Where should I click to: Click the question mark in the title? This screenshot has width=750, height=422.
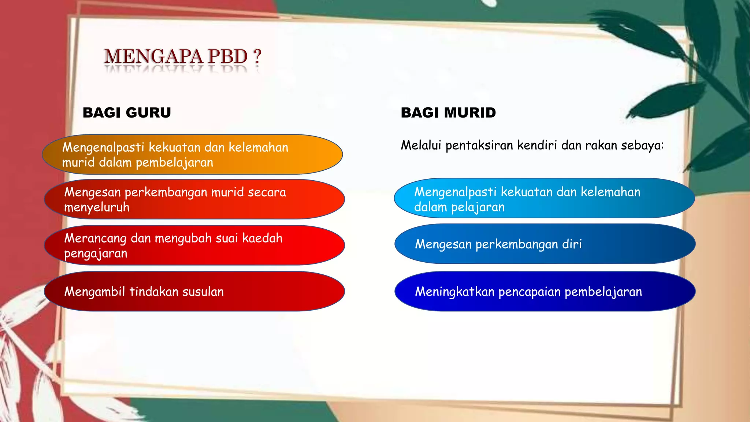(x=257, y=57)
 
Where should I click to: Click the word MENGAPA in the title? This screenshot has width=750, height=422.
(x=153, y=57)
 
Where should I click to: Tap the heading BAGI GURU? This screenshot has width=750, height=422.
(x=127, y=112)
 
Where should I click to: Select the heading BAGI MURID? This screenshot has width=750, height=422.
(x=448, y=112)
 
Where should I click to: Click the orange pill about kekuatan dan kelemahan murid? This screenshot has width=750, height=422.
(x=192, y=155)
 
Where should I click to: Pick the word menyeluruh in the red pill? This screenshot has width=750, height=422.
(x=97, y=208)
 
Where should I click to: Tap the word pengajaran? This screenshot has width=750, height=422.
(x=96, y=254)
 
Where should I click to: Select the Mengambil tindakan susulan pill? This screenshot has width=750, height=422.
(x=194, y=292)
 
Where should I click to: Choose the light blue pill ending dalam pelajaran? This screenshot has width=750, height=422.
(x=544, y=198)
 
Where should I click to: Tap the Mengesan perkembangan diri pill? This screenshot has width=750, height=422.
(x=545, y=244)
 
